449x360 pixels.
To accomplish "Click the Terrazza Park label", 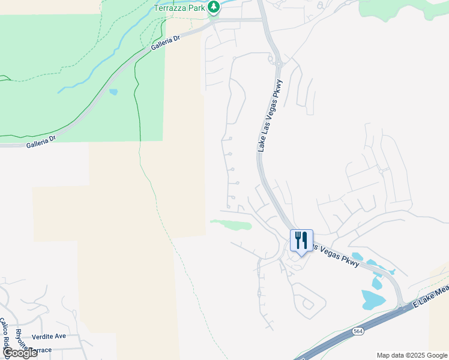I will pyautogui.click(x=179, y=7).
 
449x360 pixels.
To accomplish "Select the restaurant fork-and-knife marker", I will pyautogui.click(x=301, y=240).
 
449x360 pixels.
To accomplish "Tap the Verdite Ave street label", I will pyautogui.click(x=50, y=336).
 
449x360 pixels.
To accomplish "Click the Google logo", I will pyautogui.click(x=20, y=353).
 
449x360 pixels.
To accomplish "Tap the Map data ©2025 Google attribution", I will pyautogui.click(x=412, y=355).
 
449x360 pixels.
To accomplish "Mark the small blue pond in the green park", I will pyautogui.click(x=113, y=92).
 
